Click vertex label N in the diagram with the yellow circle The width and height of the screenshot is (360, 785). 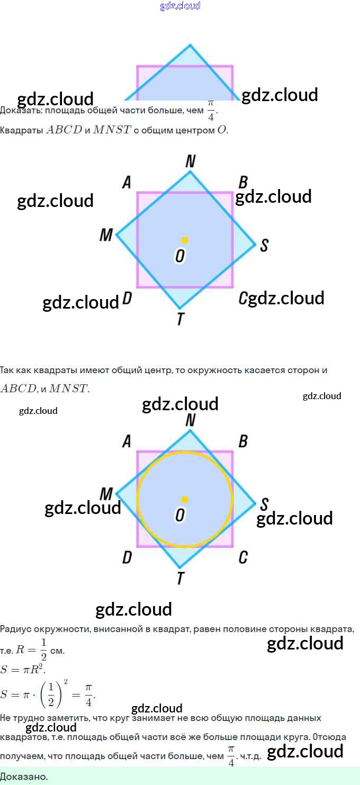(191, 420)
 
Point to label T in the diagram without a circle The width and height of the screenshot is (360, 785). (181, 319)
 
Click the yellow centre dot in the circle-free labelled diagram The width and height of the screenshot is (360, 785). (184, 240)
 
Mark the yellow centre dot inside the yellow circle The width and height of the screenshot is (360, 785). (184, 499)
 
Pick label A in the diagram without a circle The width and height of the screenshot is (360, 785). (127, 183)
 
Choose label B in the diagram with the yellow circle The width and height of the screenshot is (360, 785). (243, 441)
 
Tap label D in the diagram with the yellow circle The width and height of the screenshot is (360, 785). (127, 557)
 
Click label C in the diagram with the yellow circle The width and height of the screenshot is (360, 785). (243, 557)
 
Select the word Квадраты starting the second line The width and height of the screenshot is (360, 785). (21, 130)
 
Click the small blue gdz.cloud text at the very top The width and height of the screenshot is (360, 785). (180, 6)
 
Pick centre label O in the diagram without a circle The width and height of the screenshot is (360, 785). (180, 256)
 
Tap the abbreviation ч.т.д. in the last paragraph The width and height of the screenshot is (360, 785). (250, 757)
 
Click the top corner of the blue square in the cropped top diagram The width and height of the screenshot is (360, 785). (190, 46)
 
